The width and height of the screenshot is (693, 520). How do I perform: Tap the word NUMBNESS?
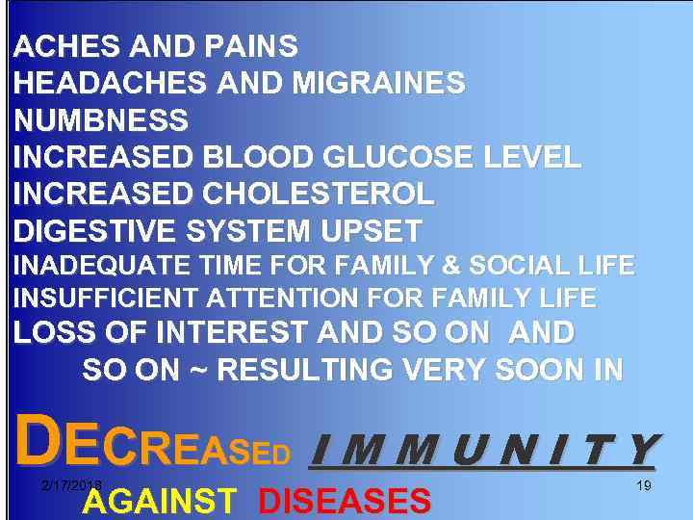point(101,120)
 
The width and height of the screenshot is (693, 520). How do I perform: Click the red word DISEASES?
point(344,501)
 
